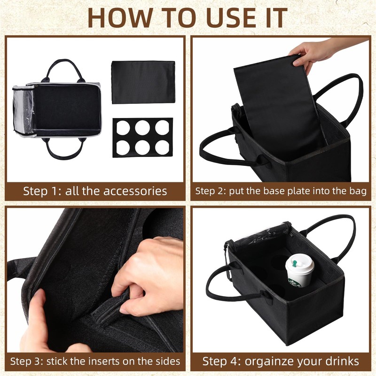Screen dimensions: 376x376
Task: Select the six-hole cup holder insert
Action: click(142, 138)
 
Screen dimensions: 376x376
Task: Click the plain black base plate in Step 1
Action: click(143, 82)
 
